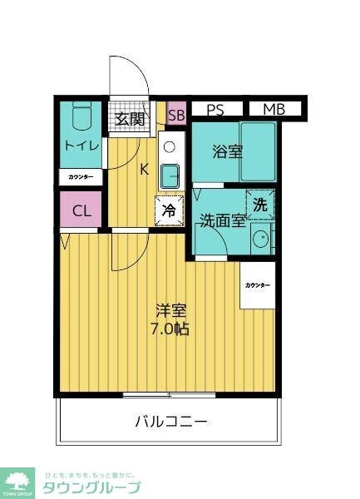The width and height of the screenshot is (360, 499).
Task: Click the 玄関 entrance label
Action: click(131, 119)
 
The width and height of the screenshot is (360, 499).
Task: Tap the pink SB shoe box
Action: click(176, 116)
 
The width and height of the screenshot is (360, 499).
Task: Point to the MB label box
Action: click(274, 109)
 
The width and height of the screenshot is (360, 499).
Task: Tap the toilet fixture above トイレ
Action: click(81, 118)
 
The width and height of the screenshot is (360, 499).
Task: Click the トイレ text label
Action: click(81, 146)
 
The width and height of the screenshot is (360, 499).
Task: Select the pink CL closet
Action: click(81, 210)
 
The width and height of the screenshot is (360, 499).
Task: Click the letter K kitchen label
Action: click(143, 170)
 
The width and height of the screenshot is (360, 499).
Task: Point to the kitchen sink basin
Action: click(170, 175)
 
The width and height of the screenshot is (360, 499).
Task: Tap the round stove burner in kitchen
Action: click(170, 147)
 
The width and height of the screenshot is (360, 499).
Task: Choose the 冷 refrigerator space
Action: click(168, 211)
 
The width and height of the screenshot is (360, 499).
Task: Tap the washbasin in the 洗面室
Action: click(261, 239)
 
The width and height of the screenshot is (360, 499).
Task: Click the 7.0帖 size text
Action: click(170, 329)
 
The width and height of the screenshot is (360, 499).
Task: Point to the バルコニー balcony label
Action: click(171, 421)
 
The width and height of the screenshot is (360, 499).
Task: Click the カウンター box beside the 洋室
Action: click(257, 285)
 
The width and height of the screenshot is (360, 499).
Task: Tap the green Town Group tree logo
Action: click(17, 482)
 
